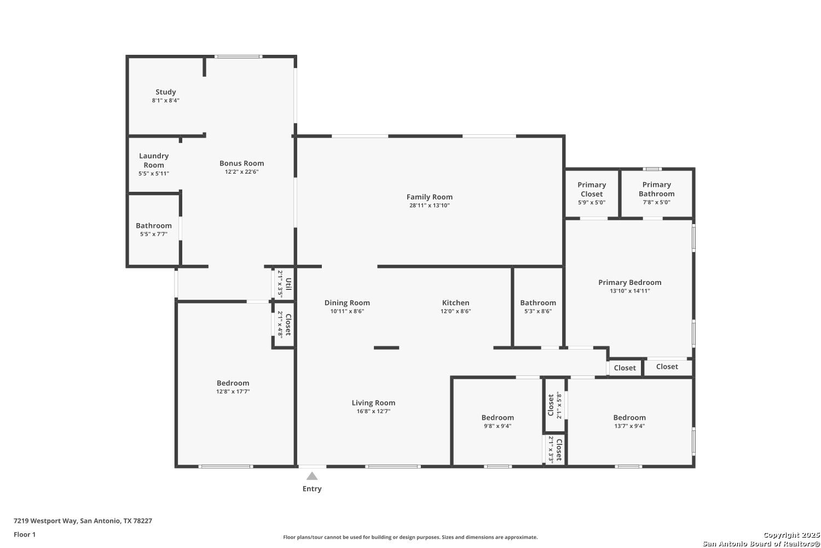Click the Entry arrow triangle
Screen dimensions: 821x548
312,476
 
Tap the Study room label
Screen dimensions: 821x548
166,92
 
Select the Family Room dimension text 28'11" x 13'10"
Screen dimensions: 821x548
430,205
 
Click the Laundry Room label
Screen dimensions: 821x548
154,161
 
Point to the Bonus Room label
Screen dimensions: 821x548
241,163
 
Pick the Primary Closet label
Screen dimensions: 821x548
592,189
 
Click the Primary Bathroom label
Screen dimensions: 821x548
656,189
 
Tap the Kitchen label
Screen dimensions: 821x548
455,302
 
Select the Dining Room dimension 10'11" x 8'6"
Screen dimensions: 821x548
347,311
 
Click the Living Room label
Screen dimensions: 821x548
373,403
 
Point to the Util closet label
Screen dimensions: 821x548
288,284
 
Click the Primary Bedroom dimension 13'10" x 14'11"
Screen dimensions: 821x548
629,290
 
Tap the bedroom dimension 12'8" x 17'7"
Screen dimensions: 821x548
233,391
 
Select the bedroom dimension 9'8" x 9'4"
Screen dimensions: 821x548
498,426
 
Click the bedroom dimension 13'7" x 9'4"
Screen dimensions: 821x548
629,426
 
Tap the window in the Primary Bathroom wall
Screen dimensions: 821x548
652,169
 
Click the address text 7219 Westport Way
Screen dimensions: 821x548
45,521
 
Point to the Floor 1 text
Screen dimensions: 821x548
25,534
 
